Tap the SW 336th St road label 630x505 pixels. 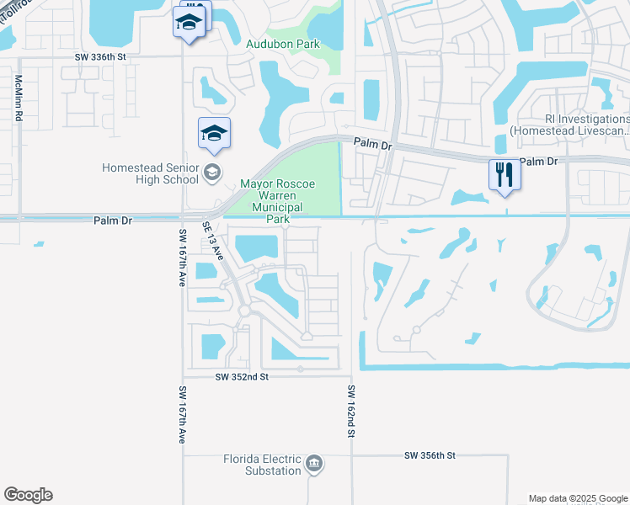[x=100, y=56]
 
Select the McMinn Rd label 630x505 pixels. [x=18, y=98]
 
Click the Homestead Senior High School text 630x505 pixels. [x=150, y=173]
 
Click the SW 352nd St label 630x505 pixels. [x=241, y=377]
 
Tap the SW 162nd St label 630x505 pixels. [x=352, y=412]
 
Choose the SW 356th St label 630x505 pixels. [x=430, y=455]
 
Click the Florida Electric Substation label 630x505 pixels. [x=262, y=465]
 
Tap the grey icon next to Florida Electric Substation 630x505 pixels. [x=314, y=464]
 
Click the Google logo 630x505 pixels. [x=28, y=495]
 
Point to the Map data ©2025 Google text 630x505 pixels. [x=577, y=498]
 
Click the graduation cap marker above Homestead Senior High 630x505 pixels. [x=215, y=133]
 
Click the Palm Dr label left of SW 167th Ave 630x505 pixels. [x=112, y=221]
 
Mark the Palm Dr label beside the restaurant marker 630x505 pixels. [x=540, y=161]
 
